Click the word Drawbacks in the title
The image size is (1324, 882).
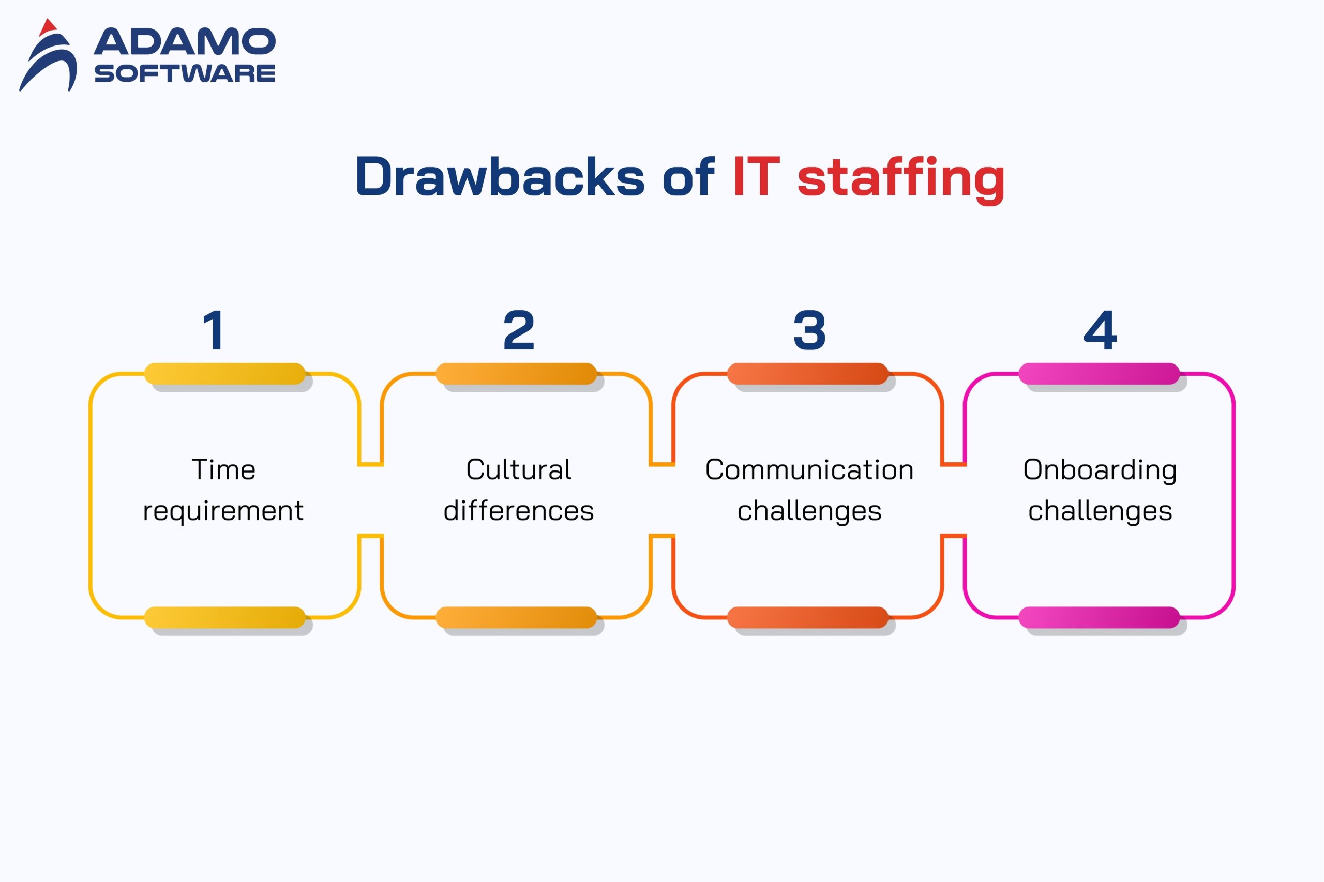pos(500,177)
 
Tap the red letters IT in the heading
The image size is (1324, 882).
pos(756,177)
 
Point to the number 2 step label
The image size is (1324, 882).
pos(518,330)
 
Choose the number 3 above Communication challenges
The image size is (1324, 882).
pos(809,330)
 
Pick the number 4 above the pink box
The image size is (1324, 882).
pos(1100,330)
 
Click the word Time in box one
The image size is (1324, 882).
pos(223,469)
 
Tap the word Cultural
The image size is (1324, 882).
pos(518,469)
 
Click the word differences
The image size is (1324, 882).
pos(518,511)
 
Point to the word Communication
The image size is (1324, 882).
pos(809,469)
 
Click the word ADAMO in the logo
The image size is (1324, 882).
pos(185,42)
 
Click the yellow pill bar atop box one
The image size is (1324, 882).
pos(224,373)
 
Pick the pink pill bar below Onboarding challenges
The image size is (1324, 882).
pos(1099,617)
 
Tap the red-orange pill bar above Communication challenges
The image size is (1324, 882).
pos(807,373)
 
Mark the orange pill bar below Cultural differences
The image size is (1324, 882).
pos(516,617)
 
